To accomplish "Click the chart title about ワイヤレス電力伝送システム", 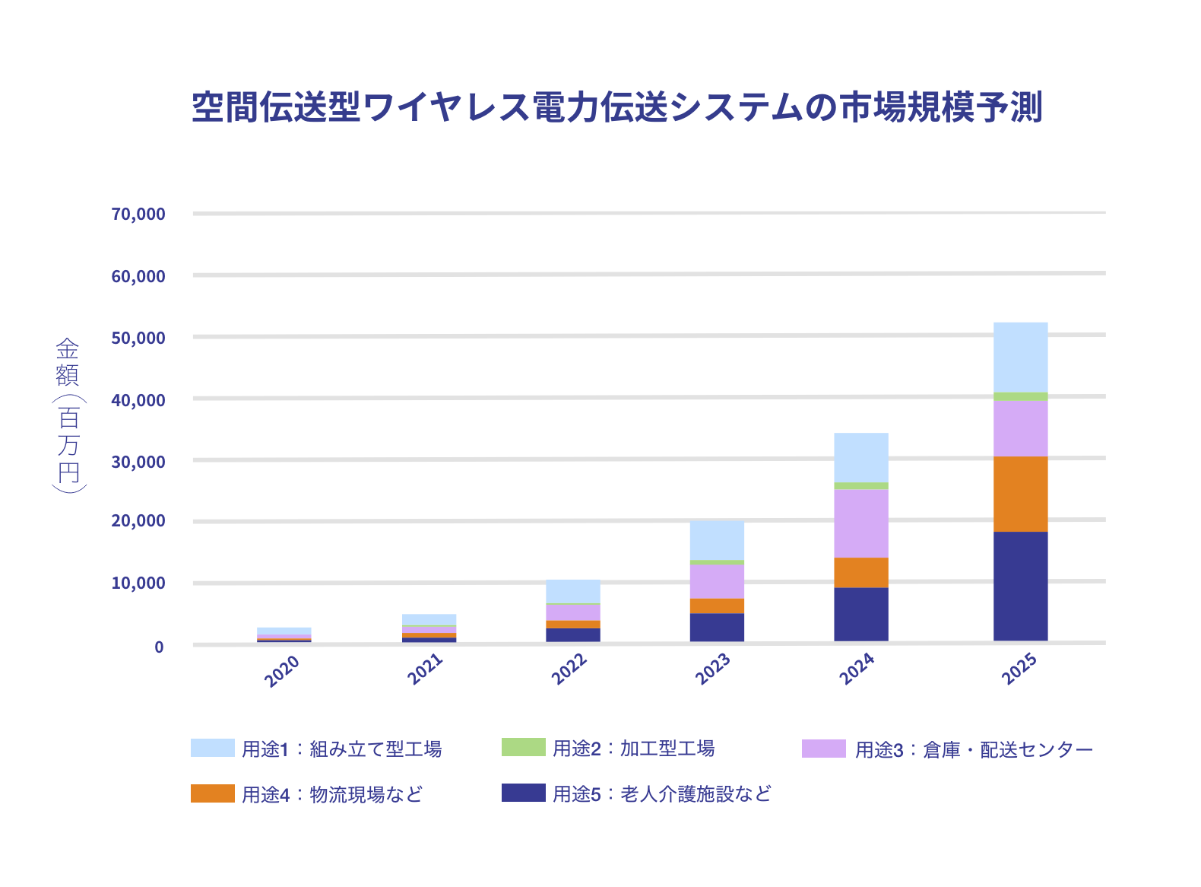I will pos(616,107).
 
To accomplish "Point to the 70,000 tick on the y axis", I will pos(138,215).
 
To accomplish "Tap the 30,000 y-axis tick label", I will pos(138,462).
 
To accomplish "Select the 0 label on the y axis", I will pos(159,647).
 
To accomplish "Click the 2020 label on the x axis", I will pos(282,671).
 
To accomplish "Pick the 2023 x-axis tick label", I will pos(713,669).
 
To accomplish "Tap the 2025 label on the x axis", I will pos(1019,669).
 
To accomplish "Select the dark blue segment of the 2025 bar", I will pos(1020,586).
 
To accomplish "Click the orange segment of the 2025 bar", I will pos(1020,494).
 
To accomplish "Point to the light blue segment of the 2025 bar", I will pos(1020,357).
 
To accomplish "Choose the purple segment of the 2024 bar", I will pos(860,523).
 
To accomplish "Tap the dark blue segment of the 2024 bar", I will pos(860,614).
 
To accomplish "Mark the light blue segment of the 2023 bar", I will pos(717,540).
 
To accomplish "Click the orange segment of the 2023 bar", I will pos(717,606).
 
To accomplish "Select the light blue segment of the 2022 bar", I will pos(572,591).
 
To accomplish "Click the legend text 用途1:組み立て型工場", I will pos(341,749).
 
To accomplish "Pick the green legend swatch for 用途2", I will pos(523,747).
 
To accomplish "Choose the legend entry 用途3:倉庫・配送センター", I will pos(974,750).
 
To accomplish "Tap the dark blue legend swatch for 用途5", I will pos(523,793).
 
